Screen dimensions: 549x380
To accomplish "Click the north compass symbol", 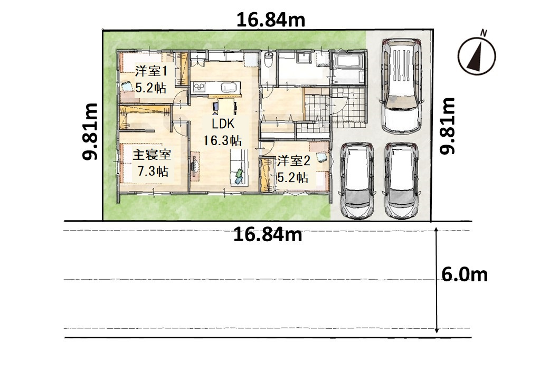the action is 477,55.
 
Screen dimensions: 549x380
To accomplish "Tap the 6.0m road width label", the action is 464,274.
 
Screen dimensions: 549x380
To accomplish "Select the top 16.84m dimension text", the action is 271,20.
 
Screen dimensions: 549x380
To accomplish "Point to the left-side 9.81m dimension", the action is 90,131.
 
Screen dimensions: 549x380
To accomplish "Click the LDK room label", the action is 223,124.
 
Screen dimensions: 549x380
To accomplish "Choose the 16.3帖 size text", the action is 223,140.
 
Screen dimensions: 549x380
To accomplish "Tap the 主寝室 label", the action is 152,154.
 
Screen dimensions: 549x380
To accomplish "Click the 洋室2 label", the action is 294,161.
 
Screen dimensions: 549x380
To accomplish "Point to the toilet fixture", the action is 268,61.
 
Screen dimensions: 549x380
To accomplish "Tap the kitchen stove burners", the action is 199,87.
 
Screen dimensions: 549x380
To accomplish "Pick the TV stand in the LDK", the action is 195,166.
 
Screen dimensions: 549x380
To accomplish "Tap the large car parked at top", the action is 401,85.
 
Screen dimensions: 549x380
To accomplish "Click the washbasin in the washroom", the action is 304,59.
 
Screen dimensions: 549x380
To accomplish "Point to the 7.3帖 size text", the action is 153,171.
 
